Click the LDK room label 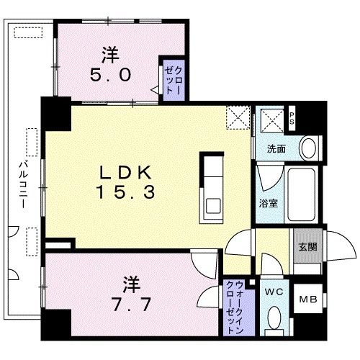125,173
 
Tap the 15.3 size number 125,192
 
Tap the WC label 273,292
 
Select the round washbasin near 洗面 308,148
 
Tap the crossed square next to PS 271,119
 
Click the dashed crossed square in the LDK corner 235,117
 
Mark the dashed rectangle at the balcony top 30,33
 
